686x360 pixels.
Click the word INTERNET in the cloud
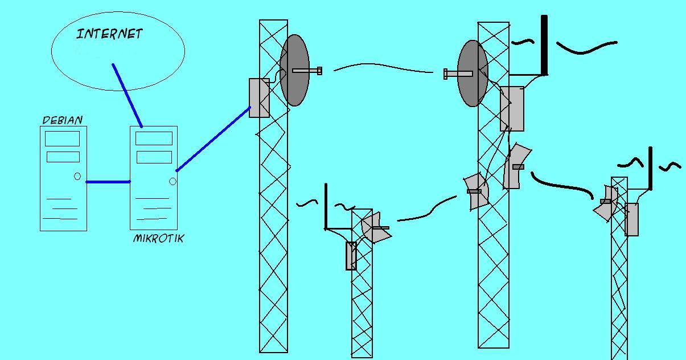click(109, 34)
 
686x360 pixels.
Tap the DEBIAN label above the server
click(63, 120)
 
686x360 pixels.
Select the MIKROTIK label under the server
click(158, 239)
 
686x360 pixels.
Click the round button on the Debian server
click(77, 177)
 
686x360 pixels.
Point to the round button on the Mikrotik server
click(172, 182)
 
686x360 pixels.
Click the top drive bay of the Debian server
click(63, 138)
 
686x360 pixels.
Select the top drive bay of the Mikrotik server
click(154, 138)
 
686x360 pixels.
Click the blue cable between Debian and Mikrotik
click(108, 182)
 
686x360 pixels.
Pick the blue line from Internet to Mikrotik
click(127, 95)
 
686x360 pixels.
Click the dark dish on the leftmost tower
click(294, 70)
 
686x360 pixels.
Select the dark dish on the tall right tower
click(472, 73)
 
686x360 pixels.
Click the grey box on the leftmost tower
click(259, 98)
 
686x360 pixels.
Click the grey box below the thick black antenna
click(512, 108)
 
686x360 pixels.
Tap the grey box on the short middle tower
click(351, 256)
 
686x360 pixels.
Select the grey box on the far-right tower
click(631, 219)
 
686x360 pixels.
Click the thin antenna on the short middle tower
click(326, 206)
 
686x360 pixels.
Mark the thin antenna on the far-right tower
click(651, 168)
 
